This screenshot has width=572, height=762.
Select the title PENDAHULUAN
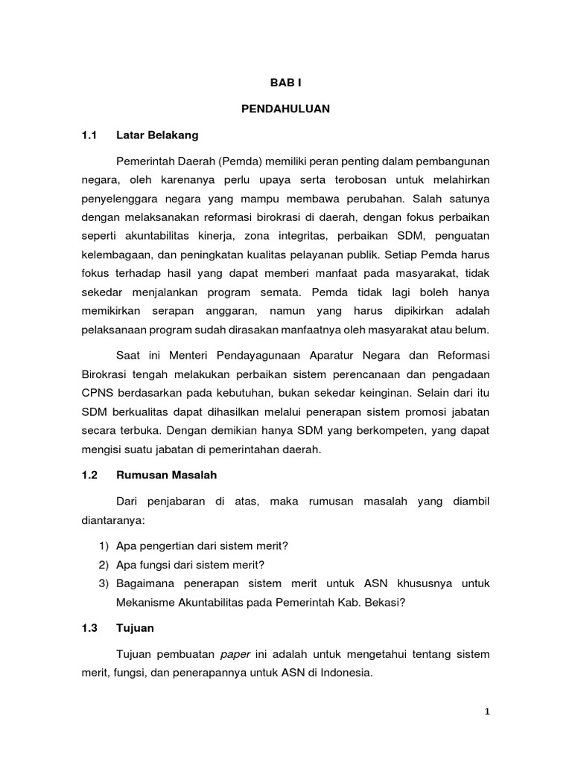click(285, 109)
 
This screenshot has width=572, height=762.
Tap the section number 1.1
click(89, 135)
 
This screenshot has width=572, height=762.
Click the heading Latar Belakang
click(156, 135)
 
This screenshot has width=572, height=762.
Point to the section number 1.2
click(89, 474)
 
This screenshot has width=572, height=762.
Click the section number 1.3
click(89, 628)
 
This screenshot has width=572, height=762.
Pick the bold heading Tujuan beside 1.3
click(135, 628)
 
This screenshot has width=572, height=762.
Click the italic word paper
click(235, 654)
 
